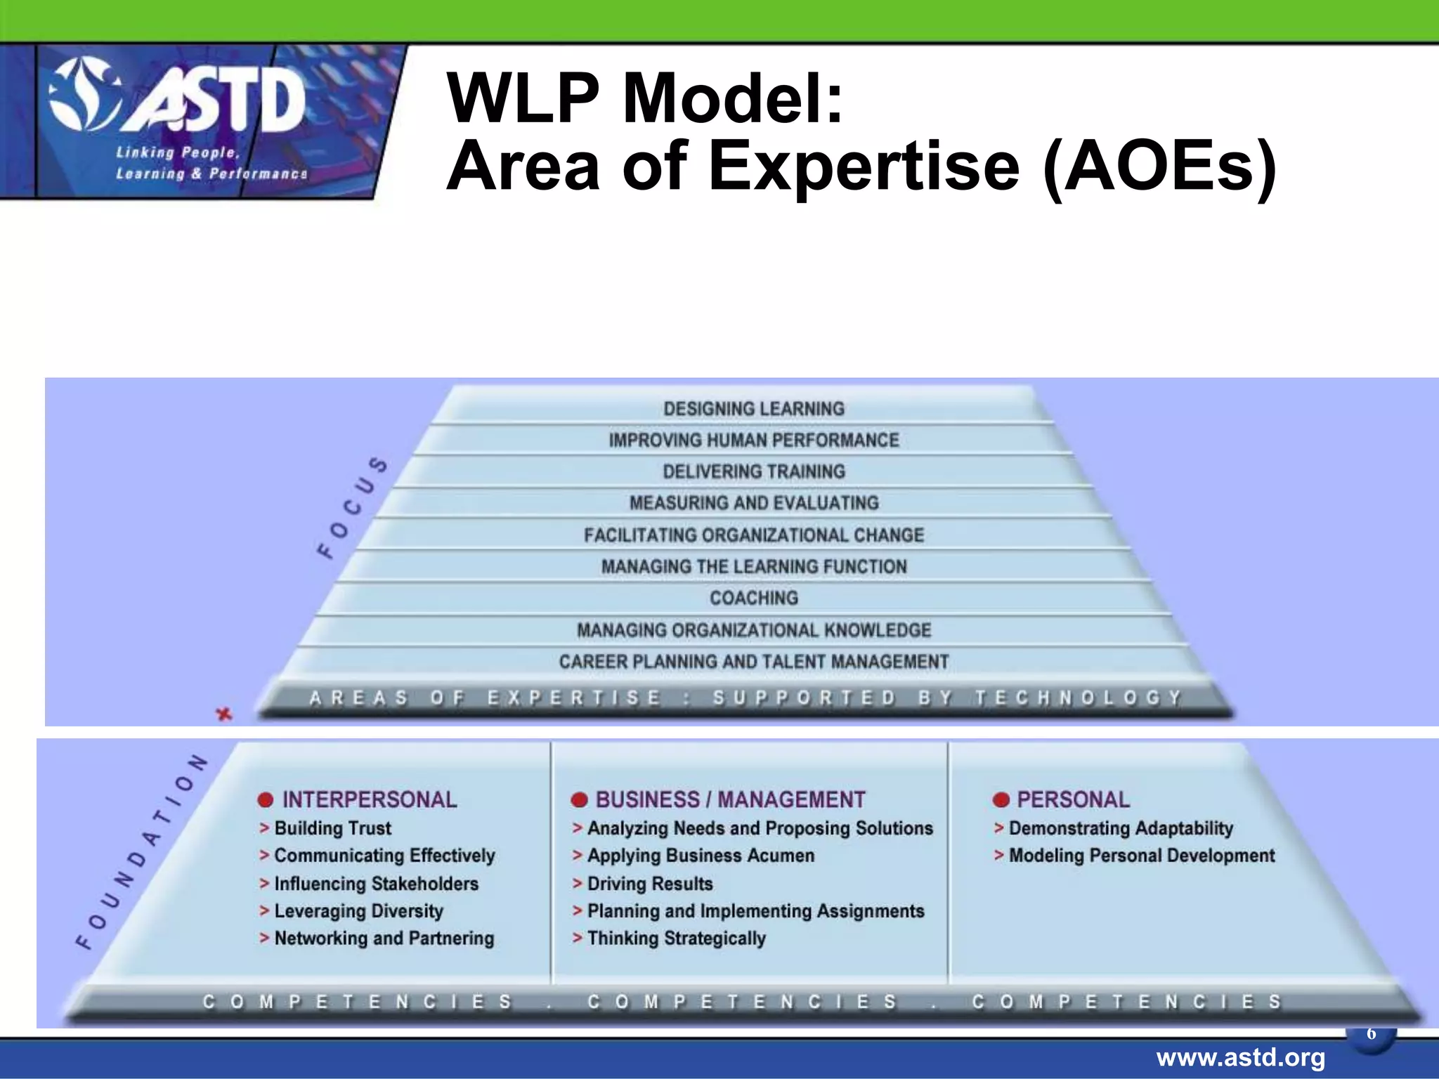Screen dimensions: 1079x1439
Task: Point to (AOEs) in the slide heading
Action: click(1159, 166)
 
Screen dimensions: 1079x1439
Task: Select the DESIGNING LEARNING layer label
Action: click(753, 409)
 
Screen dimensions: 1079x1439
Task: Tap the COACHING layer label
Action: click(753, 598)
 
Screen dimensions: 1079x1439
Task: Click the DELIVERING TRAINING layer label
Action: click(753, 471)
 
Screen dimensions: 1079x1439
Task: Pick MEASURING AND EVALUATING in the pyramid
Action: click(753, 503)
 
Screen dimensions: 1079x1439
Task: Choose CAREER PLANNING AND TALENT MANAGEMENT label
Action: click(753, 662)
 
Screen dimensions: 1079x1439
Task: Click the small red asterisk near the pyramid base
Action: click(223, 714)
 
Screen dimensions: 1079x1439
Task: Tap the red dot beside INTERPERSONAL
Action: click(266, 800)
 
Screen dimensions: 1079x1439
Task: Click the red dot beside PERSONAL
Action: click(1001, 800)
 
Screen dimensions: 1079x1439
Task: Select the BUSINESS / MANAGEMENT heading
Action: click(730, 799)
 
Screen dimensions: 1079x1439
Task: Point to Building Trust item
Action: click(332, 828)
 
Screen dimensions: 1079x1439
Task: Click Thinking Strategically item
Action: click(676, 939)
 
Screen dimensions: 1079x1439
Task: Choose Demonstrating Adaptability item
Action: click(1120, 828)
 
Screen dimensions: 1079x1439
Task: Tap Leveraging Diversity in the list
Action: click(358, 911)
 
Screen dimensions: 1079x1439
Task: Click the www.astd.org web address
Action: click(1240, 1057)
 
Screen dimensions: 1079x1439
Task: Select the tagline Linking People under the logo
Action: click(178, 152)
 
